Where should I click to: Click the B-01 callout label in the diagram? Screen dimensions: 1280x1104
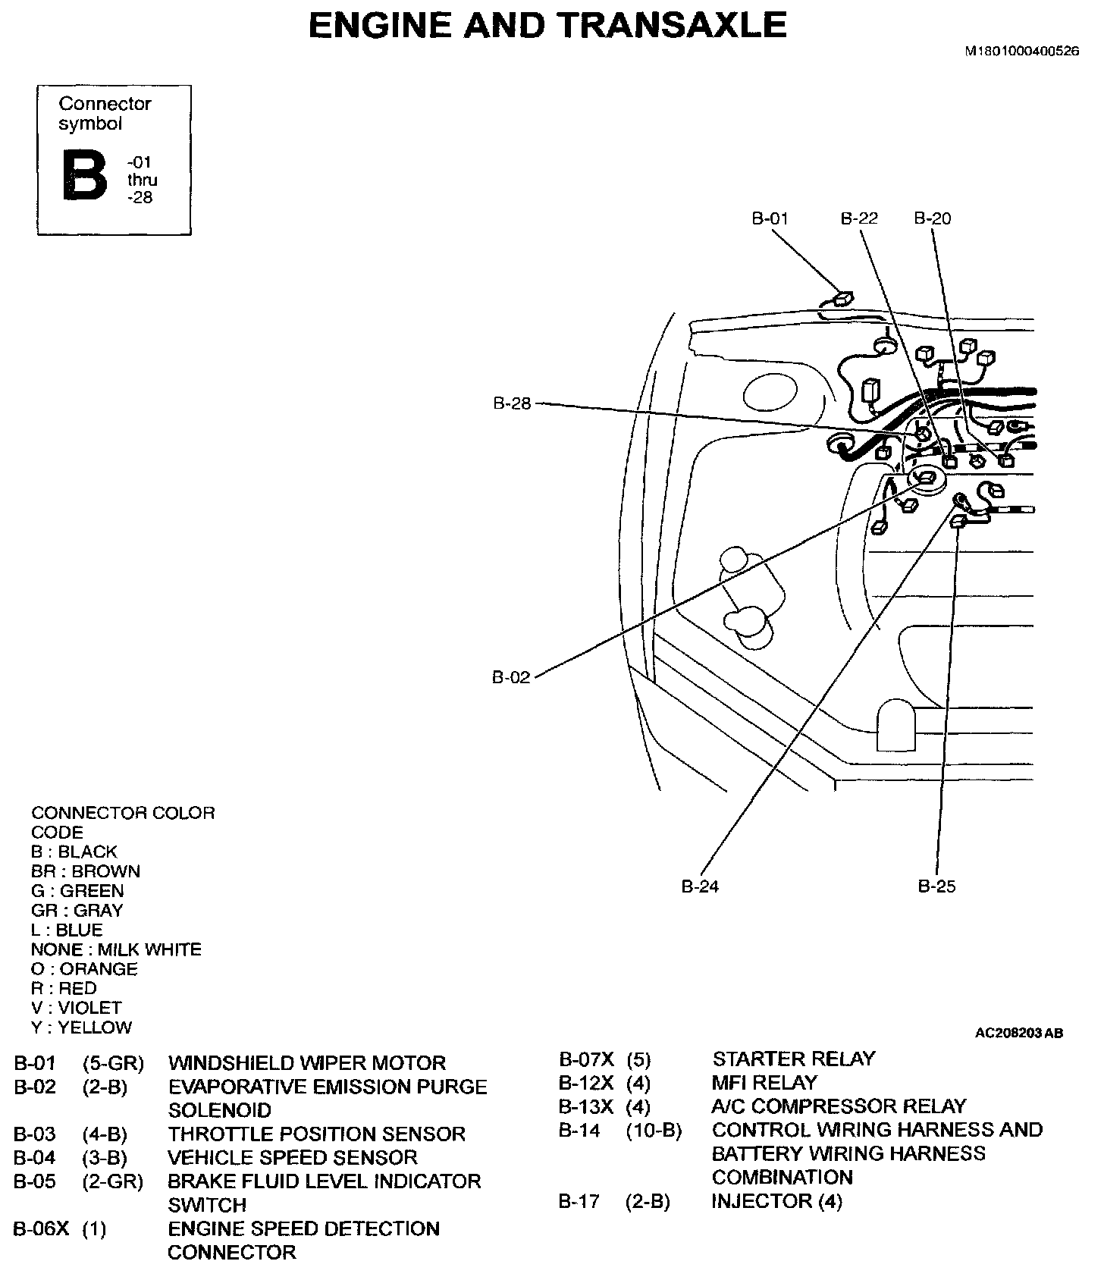770,218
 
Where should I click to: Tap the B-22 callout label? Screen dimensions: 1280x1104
859,218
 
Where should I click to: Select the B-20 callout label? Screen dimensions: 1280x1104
932,218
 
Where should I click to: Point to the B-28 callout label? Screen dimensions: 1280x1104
512,403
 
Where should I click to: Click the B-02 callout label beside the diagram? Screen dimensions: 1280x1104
511,677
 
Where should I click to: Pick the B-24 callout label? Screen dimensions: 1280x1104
699,886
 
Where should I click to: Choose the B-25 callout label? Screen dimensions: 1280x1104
936,886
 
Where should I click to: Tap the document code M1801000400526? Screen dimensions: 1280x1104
1021,52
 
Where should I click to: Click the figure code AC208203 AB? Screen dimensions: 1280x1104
1018,1033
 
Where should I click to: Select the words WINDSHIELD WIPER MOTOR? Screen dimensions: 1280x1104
307,1063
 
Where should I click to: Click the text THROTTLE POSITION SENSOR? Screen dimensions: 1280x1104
316,1134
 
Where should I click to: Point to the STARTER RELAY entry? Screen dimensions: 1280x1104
793,1059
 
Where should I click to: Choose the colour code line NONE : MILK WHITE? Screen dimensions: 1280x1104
116,949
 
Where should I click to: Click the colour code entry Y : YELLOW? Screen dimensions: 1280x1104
81,1027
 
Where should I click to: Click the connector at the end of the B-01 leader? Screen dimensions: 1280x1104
842,300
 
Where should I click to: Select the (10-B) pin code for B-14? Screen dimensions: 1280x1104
654,1130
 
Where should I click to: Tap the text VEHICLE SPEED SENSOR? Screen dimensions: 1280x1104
292,1157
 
